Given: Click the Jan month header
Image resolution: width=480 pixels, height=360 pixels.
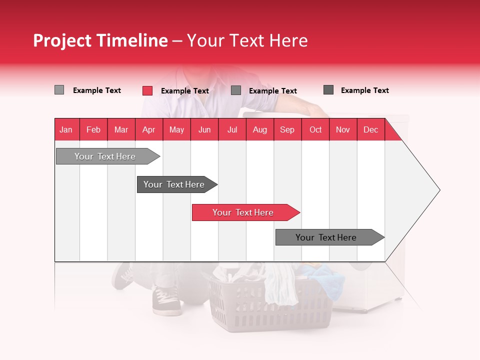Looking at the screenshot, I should click(x=66, y=130).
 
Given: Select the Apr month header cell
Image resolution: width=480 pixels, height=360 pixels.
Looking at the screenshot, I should click(x=148, y=130).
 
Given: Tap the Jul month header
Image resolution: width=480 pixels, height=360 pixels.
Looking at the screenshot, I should click(x=232, y=130).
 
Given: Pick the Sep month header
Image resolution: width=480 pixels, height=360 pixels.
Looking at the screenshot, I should click(x=287, y=130).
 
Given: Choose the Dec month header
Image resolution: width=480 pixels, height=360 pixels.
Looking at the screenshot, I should click(x=370, y=130).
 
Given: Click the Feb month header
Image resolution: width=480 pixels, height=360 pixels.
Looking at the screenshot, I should click(x=93, y=130).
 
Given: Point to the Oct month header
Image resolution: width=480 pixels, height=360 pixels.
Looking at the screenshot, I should click(x=315, y=130).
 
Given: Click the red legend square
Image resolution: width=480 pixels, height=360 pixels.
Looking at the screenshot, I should click(x=147, y=90).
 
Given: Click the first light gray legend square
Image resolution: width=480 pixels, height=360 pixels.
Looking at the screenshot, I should click(x=59, y=90).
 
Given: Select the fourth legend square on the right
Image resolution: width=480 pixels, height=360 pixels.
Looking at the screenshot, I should click(x=328, y=90).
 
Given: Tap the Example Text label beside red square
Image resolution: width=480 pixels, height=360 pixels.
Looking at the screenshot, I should click(x=184, y=91).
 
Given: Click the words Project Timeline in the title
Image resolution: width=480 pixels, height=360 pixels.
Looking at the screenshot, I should click(x=100, y=40).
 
